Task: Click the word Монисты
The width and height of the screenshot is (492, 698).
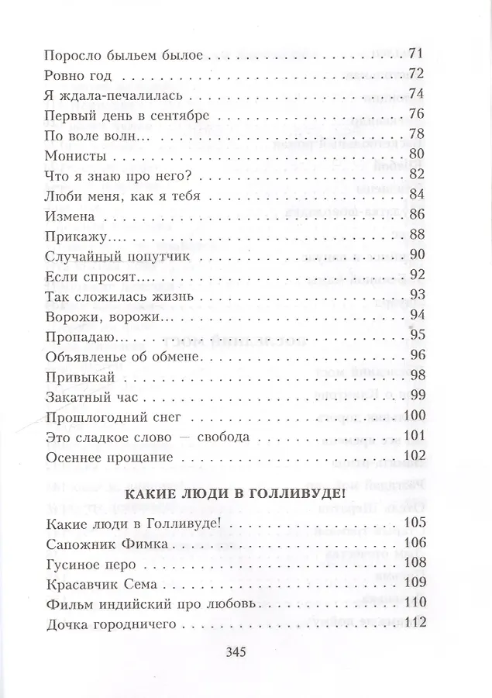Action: pos(76,155)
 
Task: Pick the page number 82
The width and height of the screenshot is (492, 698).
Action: pos(418,175)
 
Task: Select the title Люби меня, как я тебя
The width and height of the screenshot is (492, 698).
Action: pos(123,195)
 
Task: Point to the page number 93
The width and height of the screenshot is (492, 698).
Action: pos(418,295)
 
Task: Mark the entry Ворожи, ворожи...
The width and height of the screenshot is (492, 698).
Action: pos(103,316)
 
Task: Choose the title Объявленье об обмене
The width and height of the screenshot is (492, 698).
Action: pos(124,356)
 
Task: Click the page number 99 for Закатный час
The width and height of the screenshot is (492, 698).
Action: pos(418,396)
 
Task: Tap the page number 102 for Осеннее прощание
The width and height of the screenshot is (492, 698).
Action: pos(414,456)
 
